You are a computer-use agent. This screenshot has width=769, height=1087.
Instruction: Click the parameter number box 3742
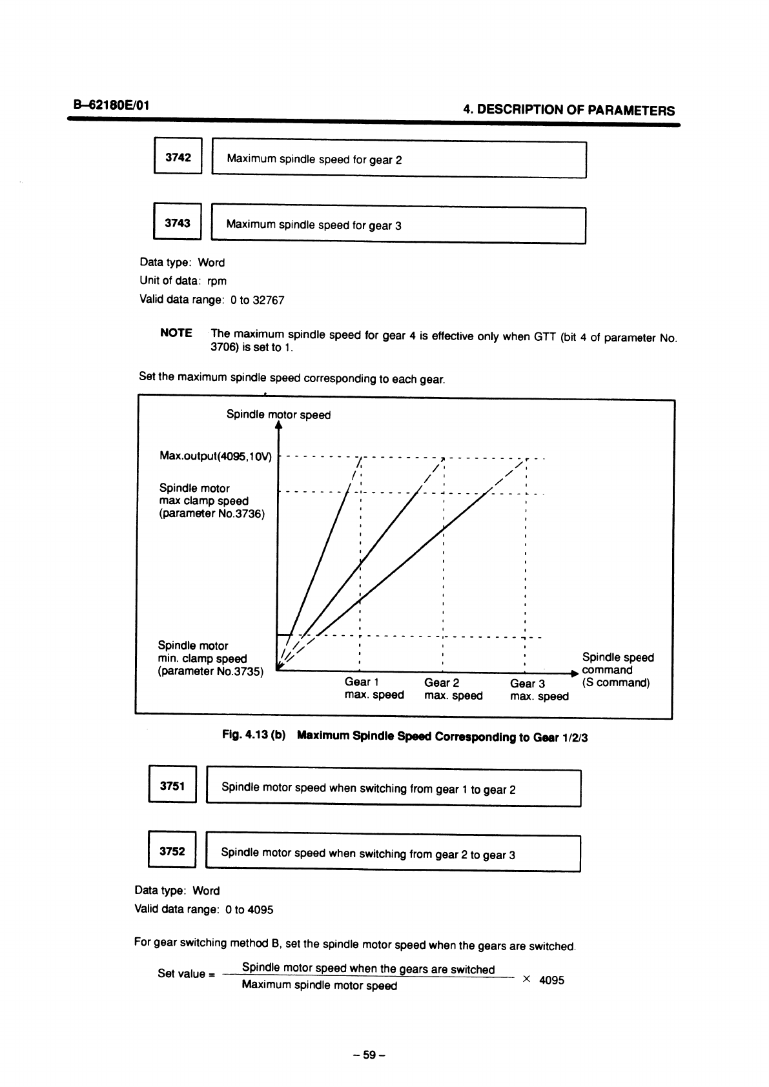[x=178, y=156]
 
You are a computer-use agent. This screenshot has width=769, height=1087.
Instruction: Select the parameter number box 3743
[x=178, y=223]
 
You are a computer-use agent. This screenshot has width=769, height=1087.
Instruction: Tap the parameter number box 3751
[x=172, y=786]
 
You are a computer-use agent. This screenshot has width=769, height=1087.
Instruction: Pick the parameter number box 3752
[x=172, y=851]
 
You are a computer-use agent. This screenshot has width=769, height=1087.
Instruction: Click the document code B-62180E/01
[x=112, y=104]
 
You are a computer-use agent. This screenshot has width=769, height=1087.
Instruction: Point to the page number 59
[x=369, y=1055]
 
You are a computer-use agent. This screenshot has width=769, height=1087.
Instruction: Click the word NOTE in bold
[x=176, y=333]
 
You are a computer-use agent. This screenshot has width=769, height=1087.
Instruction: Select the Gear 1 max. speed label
[x=374, y=689]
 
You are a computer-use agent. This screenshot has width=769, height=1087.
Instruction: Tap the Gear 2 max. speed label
[x=453, y=689]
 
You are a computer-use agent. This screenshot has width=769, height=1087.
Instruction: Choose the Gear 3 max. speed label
[x=538, y=689]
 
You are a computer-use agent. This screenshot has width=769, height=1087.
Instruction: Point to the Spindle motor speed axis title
[x=278, y=414]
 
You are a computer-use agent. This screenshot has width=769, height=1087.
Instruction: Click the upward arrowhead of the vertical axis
[x=278, y=425]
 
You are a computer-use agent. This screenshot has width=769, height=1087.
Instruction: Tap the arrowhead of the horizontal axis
[x=574, y=673]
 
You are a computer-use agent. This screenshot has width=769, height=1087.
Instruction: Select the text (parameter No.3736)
[x=212, y=514]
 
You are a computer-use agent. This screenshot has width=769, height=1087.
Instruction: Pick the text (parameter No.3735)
[x=210, y=671]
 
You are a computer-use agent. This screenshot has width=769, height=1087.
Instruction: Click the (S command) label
[x=615, y=683]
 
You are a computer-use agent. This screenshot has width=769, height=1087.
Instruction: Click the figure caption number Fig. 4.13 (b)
[x=254, y=735]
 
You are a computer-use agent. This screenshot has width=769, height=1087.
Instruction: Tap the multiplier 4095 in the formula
[x=551, y=980]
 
